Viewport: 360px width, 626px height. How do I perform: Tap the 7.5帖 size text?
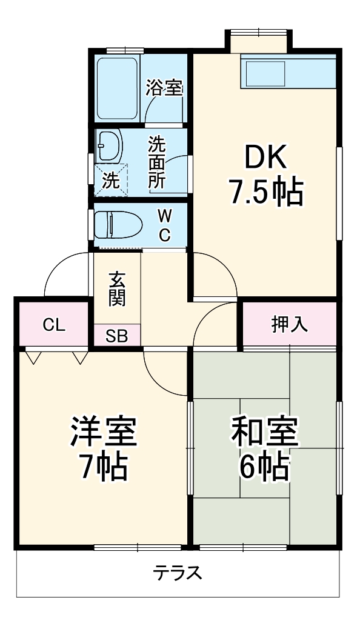click(265, 193)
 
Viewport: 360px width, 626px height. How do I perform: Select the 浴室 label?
click(164, 89)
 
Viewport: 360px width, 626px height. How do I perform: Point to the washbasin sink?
click(110, 146)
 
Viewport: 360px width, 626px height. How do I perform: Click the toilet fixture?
click(118, 225)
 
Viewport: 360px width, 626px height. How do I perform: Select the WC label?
click(164, 225)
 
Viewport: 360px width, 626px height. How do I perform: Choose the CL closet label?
click(54, 325)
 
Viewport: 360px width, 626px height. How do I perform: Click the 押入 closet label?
click(289, 325)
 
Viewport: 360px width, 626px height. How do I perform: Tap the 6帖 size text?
click(264, 466)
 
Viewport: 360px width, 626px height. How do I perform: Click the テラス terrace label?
click(177, 573)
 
